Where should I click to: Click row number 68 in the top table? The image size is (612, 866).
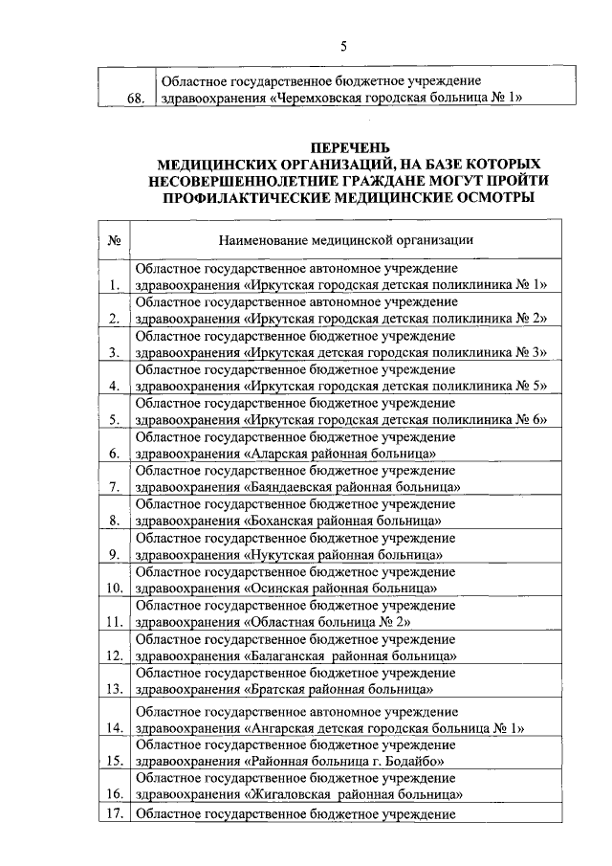136,99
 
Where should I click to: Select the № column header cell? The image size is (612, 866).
114,239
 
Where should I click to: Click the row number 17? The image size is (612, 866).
116,815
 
